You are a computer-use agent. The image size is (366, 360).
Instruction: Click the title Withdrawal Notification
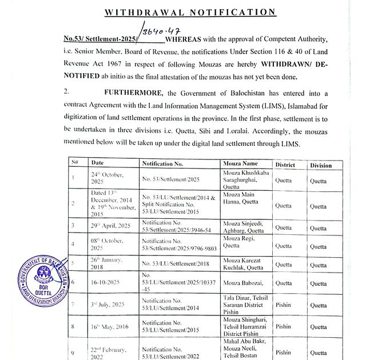click(x=190, y=11)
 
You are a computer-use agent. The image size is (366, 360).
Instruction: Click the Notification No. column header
click(x=162, y=164)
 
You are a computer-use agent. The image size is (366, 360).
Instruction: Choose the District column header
click(x=285, y=165)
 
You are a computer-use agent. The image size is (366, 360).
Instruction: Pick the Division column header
click(x=321, y=165)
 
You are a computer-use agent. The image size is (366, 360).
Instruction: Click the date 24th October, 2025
click(x=108, y=178)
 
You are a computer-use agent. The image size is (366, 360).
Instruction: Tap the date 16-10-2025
click(x=105, y=282)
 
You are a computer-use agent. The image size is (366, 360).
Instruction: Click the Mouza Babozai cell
click(x=243, y=282)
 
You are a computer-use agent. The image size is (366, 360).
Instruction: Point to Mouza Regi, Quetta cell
click(x=240, y=241)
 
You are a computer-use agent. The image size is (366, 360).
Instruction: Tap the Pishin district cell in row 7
click(x=284, y=305)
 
